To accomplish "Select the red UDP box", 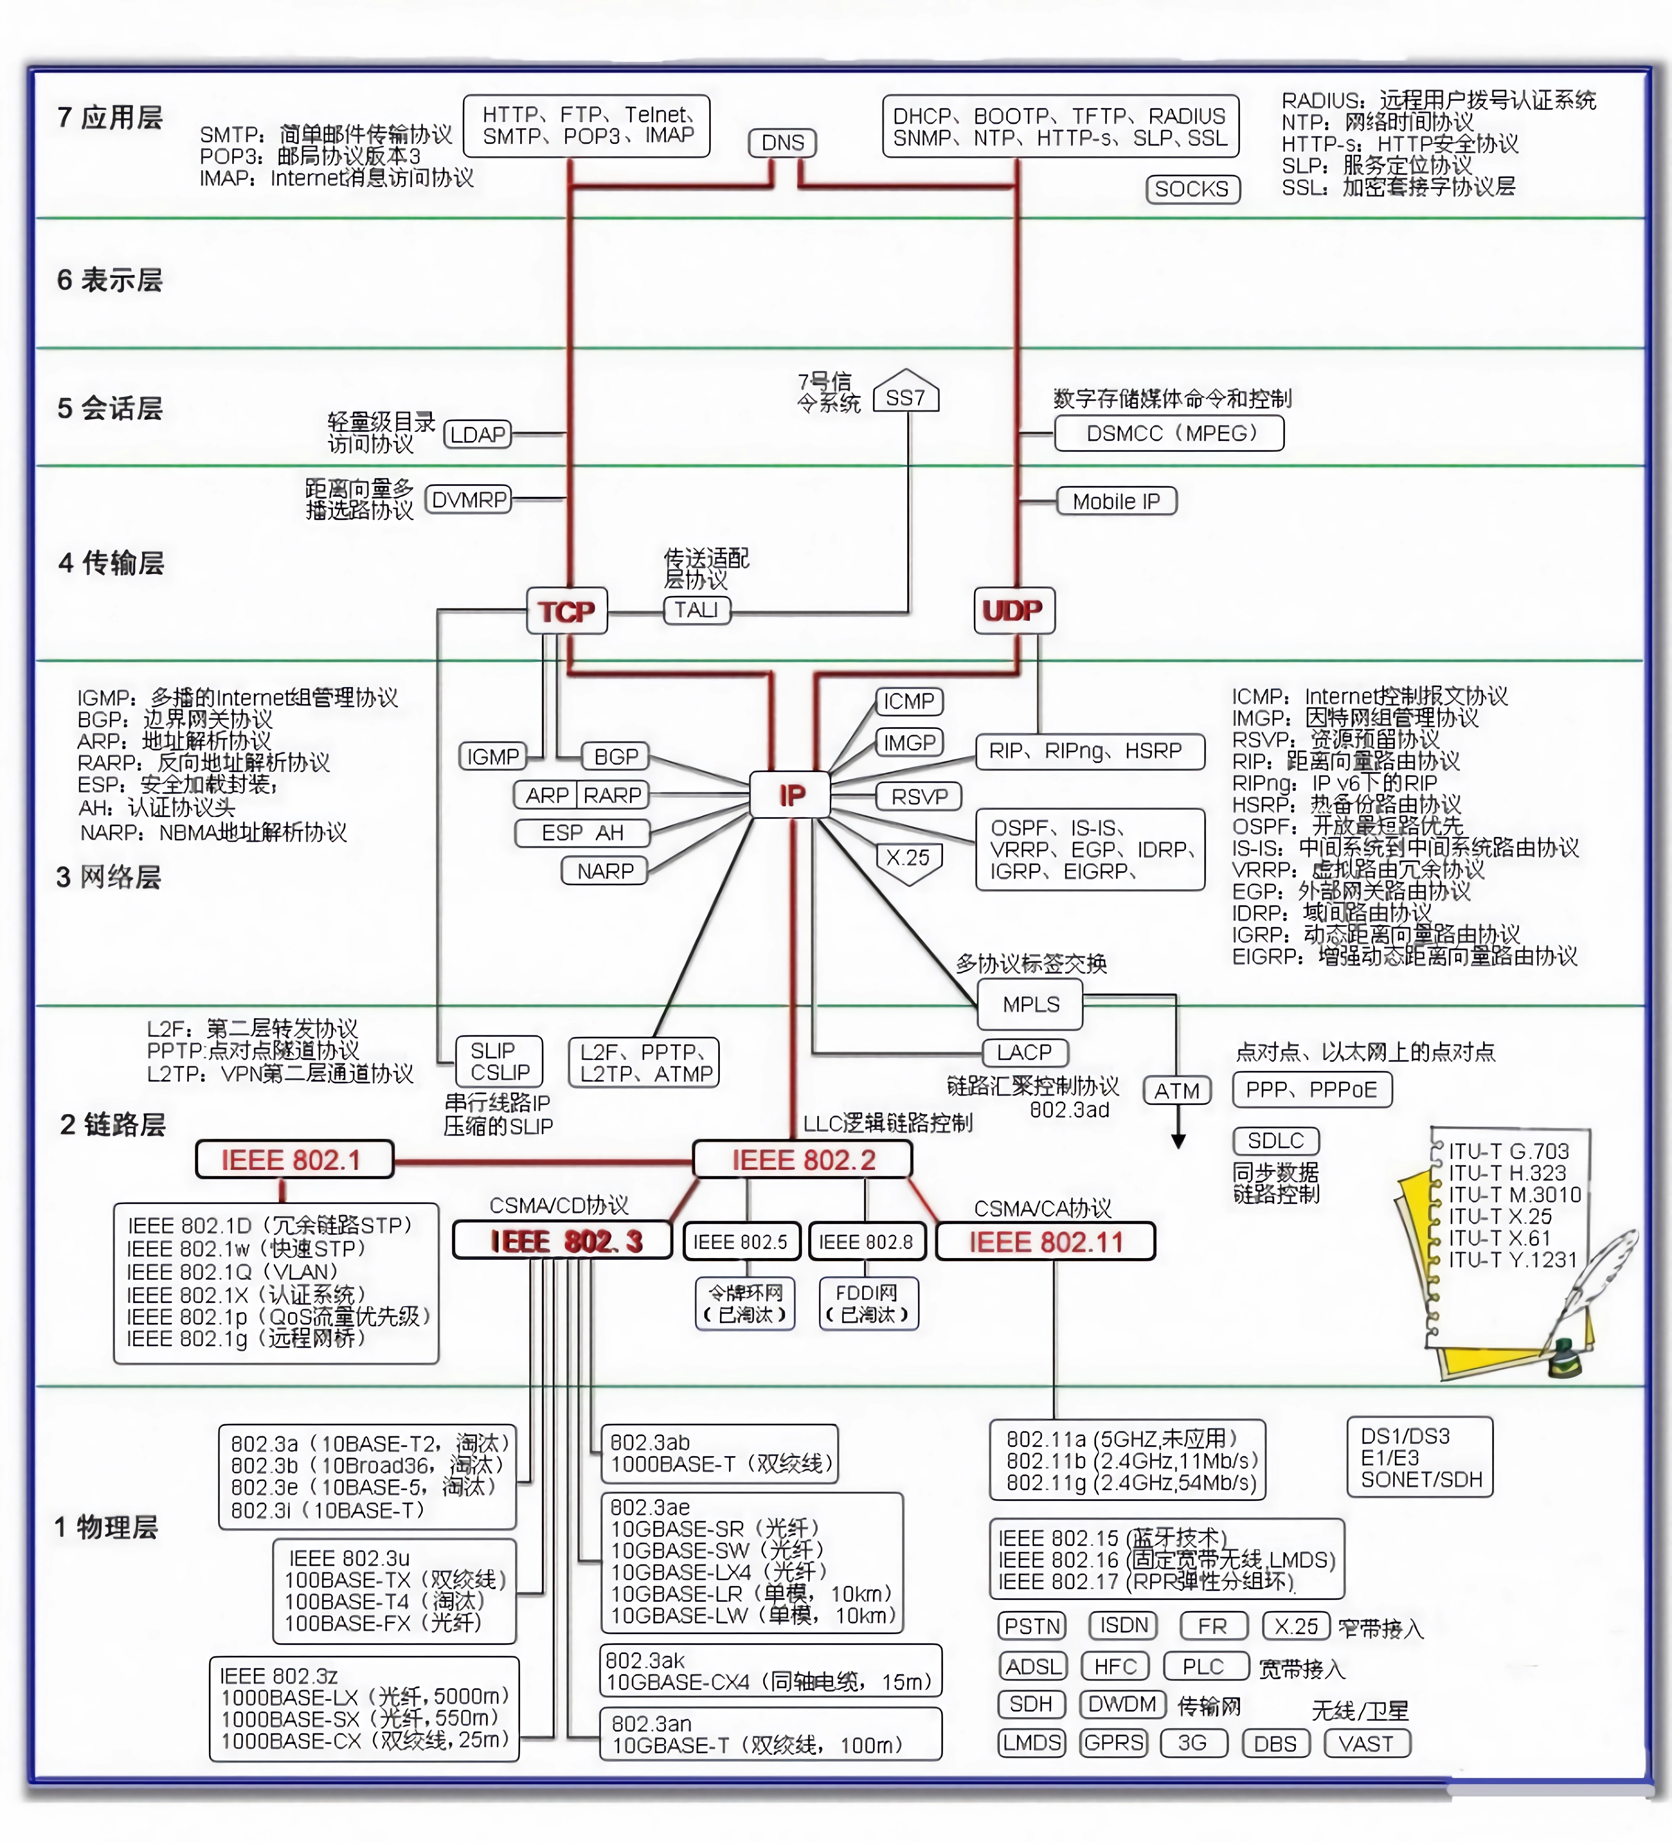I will tap(1013, 610).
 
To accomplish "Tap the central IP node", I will tap(791, 795).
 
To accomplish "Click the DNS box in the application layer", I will tap(782, 143).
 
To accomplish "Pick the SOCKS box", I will tap(1192, 189).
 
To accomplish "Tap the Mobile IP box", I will tap(1116, 501).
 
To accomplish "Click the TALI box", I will tap(697, 610).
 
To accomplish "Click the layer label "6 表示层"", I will tap(110, 280).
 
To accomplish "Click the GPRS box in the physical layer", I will tap(1114, 1743).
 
